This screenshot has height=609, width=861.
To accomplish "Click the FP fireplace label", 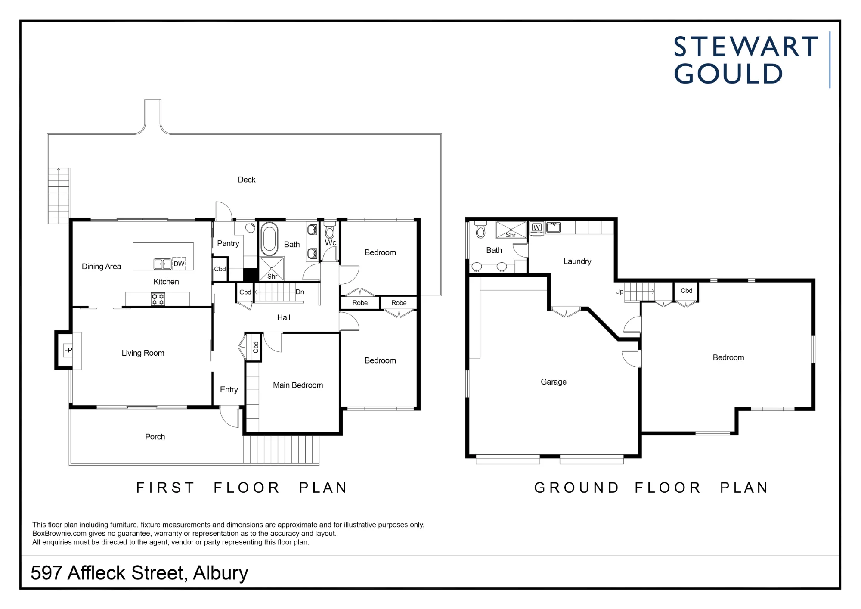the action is (x=68, y=350).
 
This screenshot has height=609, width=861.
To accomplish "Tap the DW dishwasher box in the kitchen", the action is (x=179, y=264).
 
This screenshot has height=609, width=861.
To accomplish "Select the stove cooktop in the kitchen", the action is (x=158, y=299).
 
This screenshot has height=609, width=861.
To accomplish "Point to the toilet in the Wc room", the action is (x=330, y=230).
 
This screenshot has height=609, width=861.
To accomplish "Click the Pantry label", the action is (x=228, y=243).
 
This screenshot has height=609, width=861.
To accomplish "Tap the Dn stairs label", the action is (x=300, y=292).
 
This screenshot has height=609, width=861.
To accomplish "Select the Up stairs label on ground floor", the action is (x=619, y=292).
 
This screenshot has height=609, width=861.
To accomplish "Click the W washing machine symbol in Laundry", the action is (x=536, y=228).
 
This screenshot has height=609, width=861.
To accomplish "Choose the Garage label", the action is (x=554, y=382).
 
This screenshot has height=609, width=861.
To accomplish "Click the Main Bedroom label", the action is (x=298, y=385).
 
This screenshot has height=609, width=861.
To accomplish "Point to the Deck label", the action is (x=247, y=180).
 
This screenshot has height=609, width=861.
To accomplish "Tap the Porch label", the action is (x=155, y=437).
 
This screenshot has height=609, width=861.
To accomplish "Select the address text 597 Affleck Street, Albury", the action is (x=139, y=573).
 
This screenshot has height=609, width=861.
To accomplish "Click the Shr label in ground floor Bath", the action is (x=511, y=235).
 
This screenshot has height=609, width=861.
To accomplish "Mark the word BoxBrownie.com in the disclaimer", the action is (x=59, y=534).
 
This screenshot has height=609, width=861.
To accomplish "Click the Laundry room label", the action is (x=577, y=261).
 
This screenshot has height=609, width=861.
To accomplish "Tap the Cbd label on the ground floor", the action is (x=687, y=291).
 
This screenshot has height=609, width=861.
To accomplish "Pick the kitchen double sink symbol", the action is (x=163, y=264).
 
